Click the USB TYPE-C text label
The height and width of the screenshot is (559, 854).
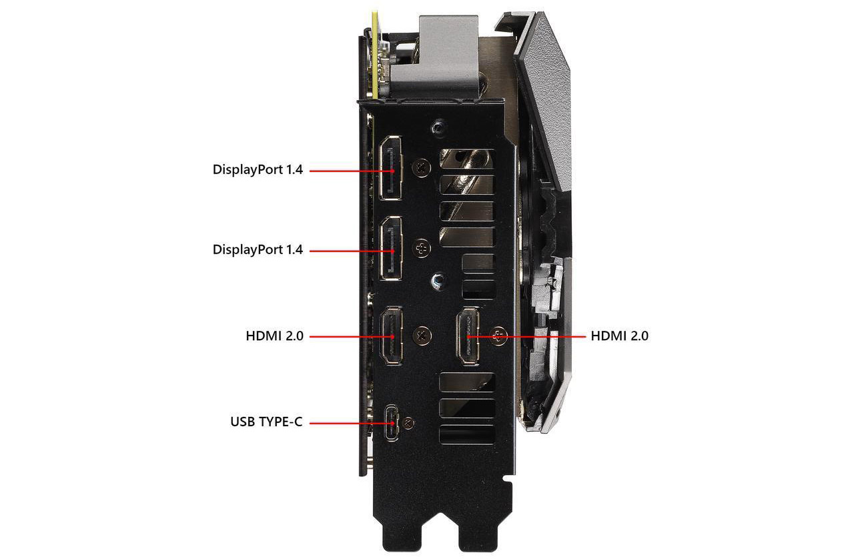pyautogui.click(x=266, y=422)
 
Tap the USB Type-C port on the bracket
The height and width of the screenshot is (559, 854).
pyautogui.click(x=391, y=423)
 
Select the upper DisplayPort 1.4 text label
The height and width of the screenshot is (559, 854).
pyautogui.click(x=258, y=169)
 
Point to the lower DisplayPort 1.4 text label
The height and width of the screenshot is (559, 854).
pyautogui.click(x=258, y=250)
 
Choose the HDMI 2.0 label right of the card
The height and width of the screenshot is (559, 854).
pyautogui.click(x=619, y=336)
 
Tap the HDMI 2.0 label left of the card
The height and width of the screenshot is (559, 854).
pyautogui.click(x=274, y=336)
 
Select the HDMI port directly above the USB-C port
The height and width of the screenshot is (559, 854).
pyautogui.click(x=391, y=336)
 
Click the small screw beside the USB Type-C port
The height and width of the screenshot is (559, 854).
pyautogui.click(x=410, y=422)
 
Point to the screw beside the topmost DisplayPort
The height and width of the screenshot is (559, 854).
pyautogui.click(x=422, y=168)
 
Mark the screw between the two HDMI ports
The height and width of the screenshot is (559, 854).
pyautogui.click(x=422, y=336)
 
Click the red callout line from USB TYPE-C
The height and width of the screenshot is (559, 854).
pyautogui.click(x=347, y=423)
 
